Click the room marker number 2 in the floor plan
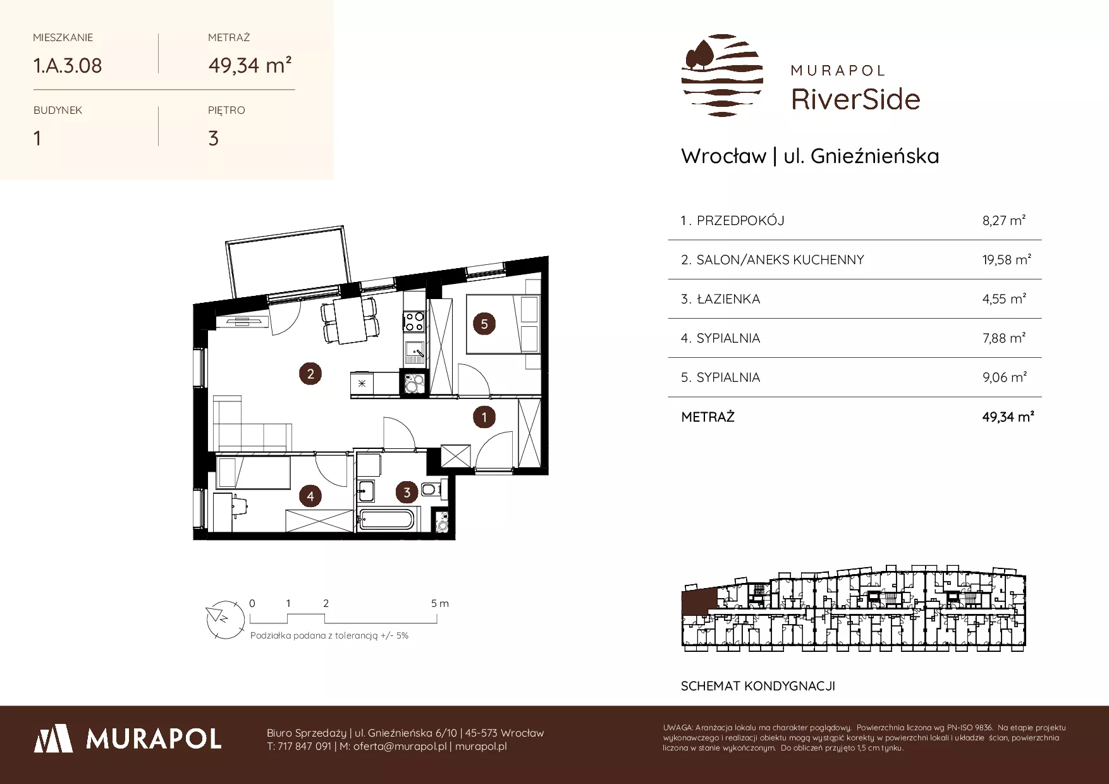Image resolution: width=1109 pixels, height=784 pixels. coord(310,374)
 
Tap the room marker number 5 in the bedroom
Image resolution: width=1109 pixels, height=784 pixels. coord(484,324)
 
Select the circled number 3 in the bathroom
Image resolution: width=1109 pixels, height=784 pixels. coord(407,492)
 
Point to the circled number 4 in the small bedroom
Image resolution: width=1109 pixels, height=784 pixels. coord(310,496)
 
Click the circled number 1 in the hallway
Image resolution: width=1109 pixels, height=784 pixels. coord(484,417)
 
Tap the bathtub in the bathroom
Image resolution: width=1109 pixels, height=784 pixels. coord(386,520)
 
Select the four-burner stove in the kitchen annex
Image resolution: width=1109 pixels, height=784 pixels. coord(414,322)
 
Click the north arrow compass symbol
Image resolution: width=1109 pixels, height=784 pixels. coord(225,618)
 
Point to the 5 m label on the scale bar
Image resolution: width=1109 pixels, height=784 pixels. coord(440,603)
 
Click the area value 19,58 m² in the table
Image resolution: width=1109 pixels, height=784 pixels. coord(1007,259)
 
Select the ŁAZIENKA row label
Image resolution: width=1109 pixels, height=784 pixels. coord(728,299)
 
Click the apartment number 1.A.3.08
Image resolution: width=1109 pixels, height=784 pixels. coord(68,66)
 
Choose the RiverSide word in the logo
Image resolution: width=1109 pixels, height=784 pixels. coord(855,99)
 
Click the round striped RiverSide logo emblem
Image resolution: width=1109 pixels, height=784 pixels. coord(722,75)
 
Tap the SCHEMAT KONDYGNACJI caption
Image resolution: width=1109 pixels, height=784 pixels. coord(758,686)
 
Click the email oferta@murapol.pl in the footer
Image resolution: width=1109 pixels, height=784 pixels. coord(400,746)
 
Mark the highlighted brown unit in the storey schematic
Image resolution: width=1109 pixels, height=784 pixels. coord(698,599)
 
